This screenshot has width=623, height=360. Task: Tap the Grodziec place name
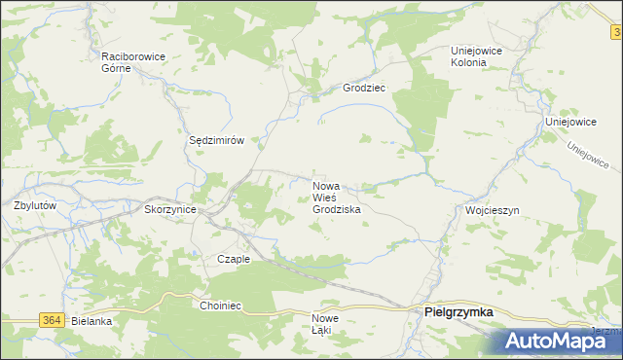(x=364, y=88)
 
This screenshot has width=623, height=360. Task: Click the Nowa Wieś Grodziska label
(x=337, y=197)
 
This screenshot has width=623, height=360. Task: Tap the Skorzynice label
(x=170, y=209)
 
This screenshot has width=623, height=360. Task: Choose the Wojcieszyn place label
(x=493, y=210)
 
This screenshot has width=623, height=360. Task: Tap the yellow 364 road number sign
(x=53, y=320)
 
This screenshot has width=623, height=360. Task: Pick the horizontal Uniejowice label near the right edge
(x=570, y=123)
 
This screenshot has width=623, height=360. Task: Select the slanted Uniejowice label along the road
(x=587, y=155)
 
